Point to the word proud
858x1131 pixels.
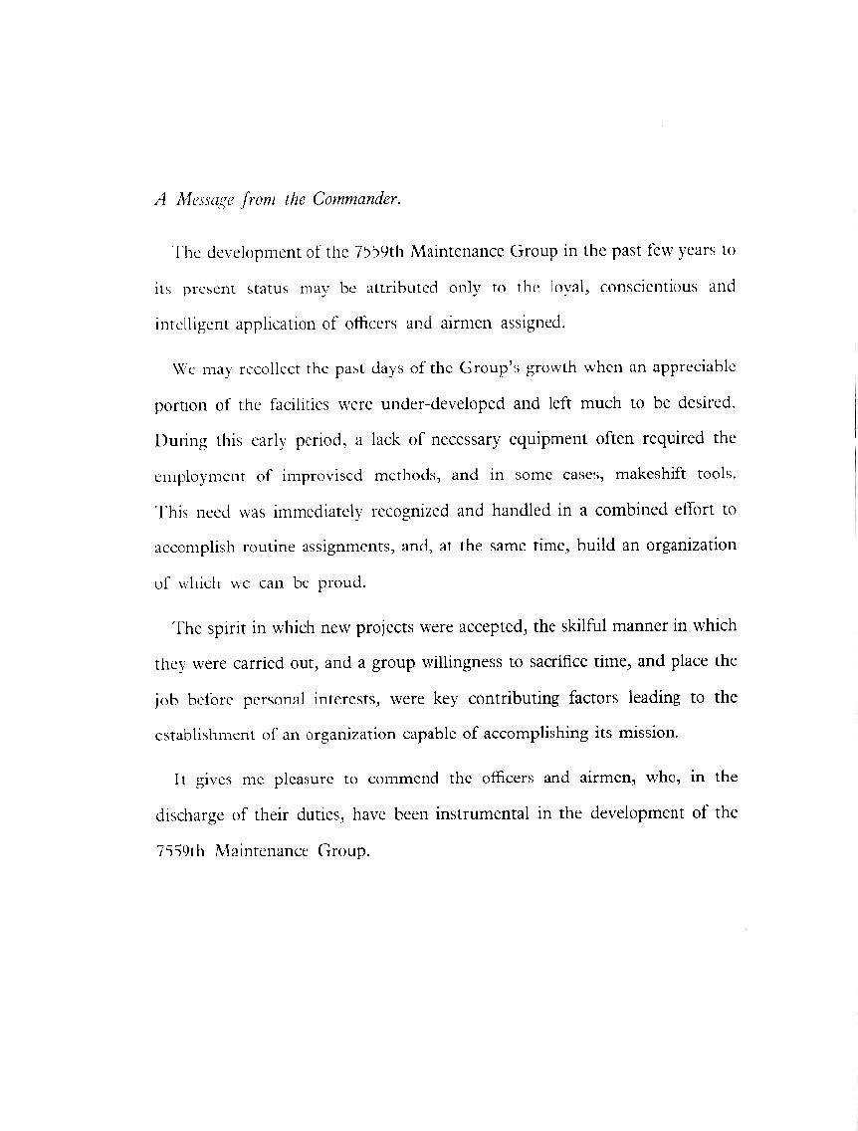point(341,581)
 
